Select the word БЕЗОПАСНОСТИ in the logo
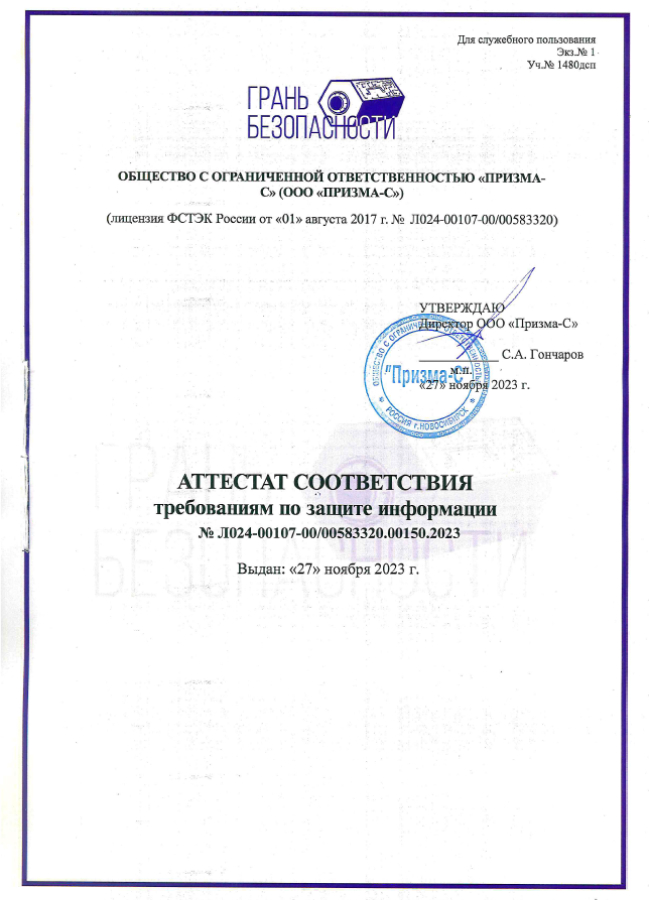click(321, 127)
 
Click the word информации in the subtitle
click(442, 509)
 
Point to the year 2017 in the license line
click(362, 219)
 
